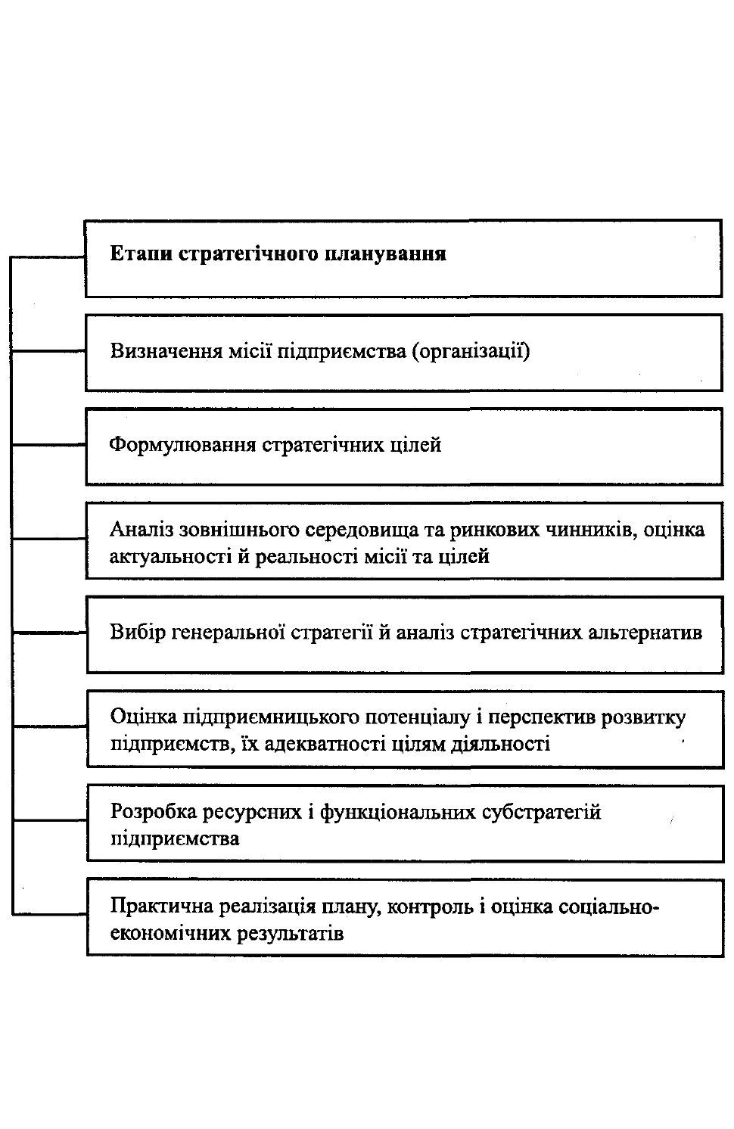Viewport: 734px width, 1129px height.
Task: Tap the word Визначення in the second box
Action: pos(166,351)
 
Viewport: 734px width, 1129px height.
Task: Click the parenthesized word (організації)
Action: pos(471,352)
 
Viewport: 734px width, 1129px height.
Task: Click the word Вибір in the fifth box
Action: pos(138,633)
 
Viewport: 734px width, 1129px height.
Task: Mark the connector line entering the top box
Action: pos(48,257)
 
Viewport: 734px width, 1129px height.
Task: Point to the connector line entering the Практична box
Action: pos(49,913)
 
